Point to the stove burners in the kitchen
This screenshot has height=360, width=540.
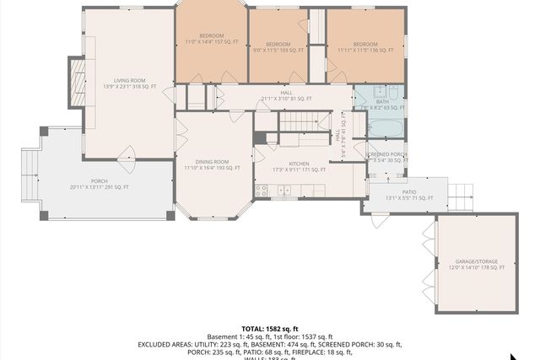[261, 191]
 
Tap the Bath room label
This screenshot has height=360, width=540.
[382, 105]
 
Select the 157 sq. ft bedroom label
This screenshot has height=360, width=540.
[211, 39]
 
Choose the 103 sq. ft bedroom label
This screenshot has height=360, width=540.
[278, 47]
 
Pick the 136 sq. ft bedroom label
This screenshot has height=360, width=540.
[365, 47]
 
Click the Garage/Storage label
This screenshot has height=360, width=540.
[477, 265]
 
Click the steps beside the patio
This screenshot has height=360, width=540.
[461, 196]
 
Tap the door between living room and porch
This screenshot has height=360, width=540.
[127, 154]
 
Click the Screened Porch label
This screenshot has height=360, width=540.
[386, 158]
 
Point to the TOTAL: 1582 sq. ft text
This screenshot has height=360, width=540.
[270, 329]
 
